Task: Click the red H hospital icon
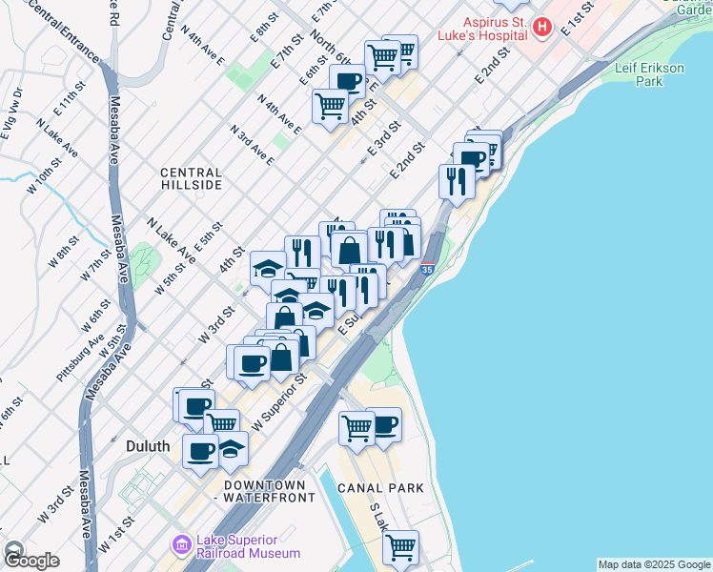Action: click(x=543, y=27)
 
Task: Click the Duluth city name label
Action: click(x=147, y=446)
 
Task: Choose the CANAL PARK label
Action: click(x=379, y=488)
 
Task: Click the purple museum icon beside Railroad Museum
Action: click(x=181, y=545)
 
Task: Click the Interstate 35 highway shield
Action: click(x=428, y=270)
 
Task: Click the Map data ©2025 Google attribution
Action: click(x=654, y=564)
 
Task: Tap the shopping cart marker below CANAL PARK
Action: click(x=401, y=547)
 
